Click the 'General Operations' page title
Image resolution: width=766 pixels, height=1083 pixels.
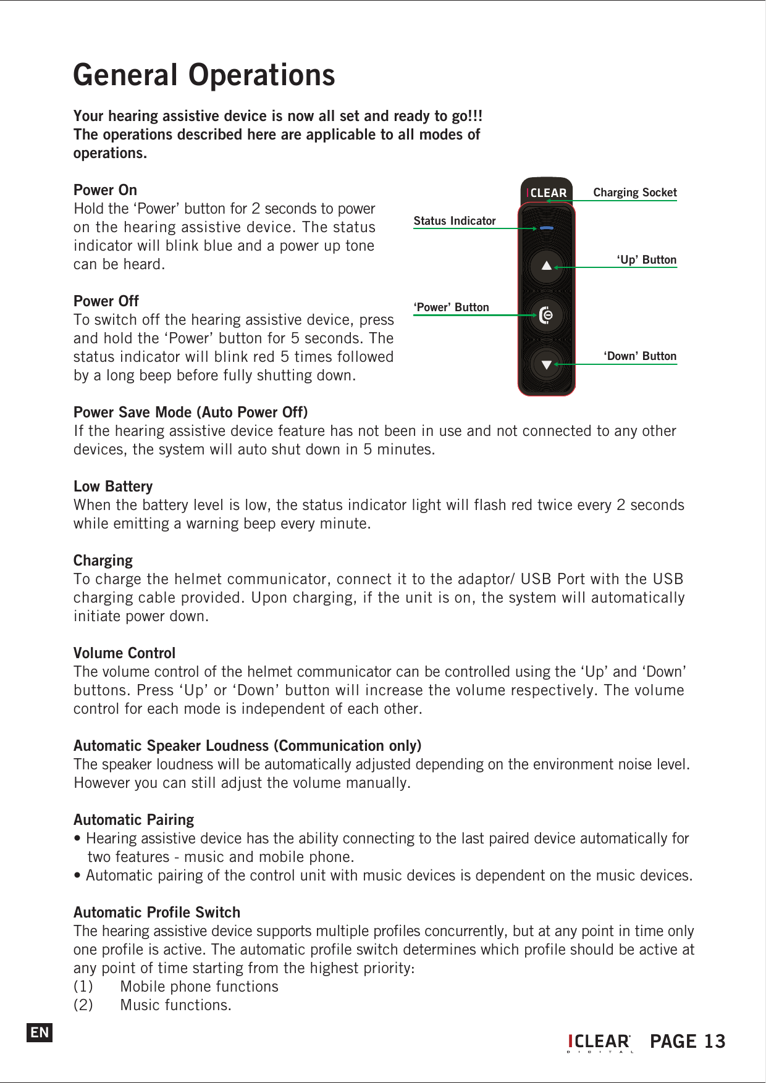pyautogui.click(x=204, y=75)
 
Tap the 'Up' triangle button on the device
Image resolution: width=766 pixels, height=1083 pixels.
pyautogui.click(x=546, y=266)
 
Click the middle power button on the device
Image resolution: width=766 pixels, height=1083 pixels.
pyautogui.click(x=546, y=316)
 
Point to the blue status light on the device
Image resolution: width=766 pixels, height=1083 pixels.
pyautogui.click(x=546, y=228)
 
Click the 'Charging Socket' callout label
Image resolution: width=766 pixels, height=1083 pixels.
pyautogui.click(x=634, y=193)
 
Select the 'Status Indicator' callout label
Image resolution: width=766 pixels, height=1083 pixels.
pyautogui.click(x=455, y=221)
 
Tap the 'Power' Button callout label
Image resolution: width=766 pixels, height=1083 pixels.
pyautogui.click(x=452, y=307)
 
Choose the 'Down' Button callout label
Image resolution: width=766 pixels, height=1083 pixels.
pyautogui.click(x=640, y=356)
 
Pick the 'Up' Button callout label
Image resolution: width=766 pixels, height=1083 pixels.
pyautogui.click(x=646, y=260)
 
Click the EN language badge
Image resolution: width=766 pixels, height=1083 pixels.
pyautogui.click(x=40, y=1032)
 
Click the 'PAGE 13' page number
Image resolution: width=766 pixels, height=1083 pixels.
pyautogui.click(x=688, y=1042)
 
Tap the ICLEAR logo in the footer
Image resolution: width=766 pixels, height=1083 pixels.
pyautogui.click(x=599, y=1042)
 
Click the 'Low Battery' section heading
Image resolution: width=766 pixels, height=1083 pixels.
pyautogui.click(x=113, y=487)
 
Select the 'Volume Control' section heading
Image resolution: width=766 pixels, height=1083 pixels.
pyautogui.click(x=124, y=653)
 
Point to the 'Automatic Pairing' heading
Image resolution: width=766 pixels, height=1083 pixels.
pyautogui.click(x=133, y=820)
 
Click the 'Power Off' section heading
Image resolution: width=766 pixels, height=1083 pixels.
pyautogui.click(x=106, y=301)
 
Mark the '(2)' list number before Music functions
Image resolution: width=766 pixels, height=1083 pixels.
pyautogui.click(x=83, y=1005)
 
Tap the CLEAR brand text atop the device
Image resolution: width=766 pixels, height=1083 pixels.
pyautogui.click(x=547, y=193)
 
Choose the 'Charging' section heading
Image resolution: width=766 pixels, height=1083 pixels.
pyautogui.click(x=103, y=561)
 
